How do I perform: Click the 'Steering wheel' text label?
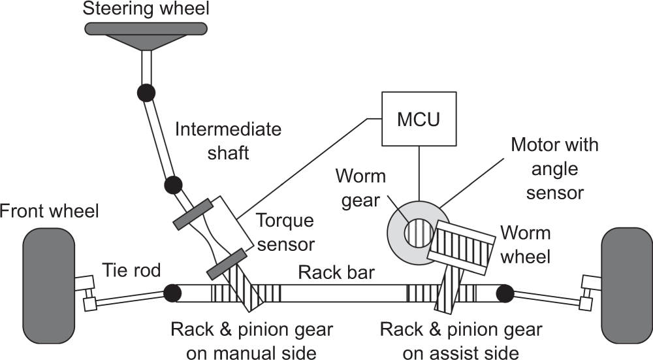pyautogui.click(x=146, y=8)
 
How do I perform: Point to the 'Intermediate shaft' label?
pyautogui.click(x=228, y=140)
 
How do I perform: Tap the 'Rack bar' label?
pyautogui.click(x=336, y=272)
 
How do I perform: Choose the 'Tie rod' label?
pyautogui.click(x=131, y=269)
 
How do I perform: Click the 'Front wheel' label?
pyautogui.click(x=50, y=210)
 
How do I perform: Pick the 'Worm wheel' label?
pyautogui.click(x=525, y=244)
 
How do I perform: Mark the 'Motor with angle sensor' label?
pyautogui.click(x=554, y=169)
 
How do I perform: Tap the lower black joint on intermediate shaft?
pyautogui.click(x=172, y=185)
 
